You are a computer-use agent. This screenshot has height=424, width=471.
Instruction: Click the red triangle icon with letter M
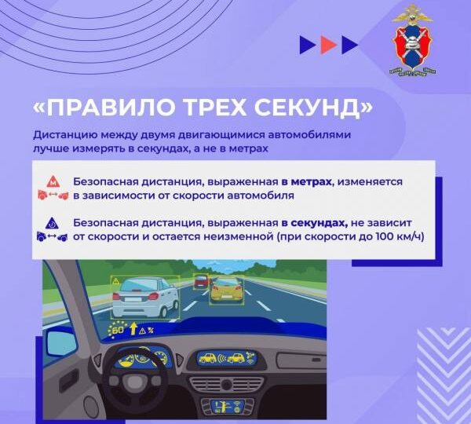pos(52,180)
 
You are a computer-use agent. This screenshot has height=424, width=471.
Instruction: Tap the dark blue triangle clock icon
pos(52,221)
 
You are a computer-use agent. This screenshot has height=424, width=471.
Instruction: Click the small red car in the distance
pos(200,280)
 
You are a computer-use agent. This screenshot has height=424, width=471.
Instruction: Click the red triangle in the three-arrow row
pos(328,45)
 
